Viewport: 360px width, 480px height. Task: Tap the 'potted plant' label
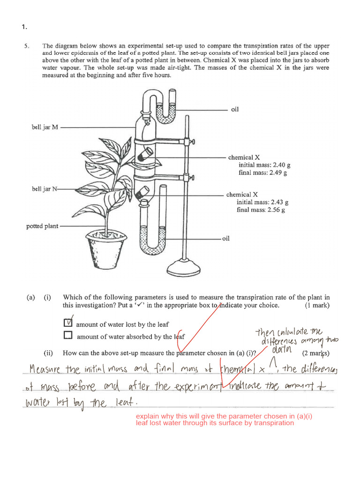tap(42, 226)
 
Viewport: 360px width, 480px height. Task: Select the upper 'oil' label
tap(235, 109)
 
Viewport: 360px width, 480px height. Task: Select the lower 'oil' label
tap(225, 239)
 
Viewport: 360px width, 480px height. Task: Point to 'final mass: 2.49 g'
tap(262, 172)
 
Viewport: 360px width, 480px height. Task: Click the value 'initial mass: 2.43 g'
tap(262, 202)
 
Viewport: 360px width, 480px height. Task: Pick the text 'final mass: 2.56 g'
tap(261, 210)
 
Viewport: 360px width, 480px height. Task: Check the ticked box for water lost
tap(68, 323)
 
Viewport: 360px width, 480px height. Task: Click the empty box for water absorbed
tap(68, 335)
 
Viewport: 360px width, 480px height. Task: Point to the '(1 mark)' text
tap(317, 305)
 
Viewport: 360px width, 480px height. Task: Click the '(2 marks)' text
tap(316, 353)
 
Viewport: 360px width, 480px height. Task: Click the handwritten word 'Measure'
tap(46, 370)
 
